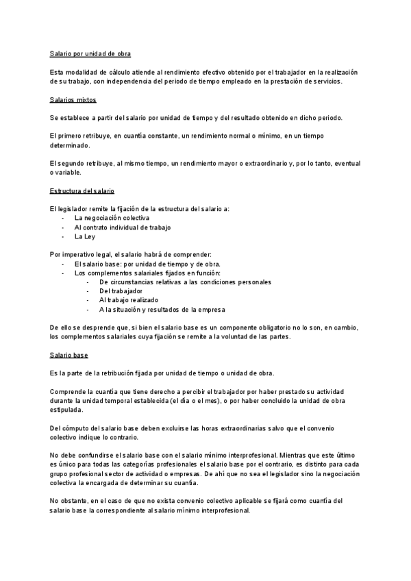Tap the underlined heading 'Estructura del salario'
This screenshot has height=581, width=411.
(x=82, y=190)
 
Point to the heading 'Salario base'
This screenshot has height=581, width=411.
(x=69, y=356)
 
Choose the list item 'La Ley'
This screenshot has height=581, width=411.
(x=85, y=236)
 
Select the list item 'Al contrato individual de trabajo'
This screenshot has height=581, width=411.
(x=123, y=227)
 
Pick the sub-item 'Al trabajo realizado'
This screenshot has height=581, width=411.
(x=129, y=299)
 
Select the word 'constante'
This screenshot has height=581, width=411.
(x=186, y=136)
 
